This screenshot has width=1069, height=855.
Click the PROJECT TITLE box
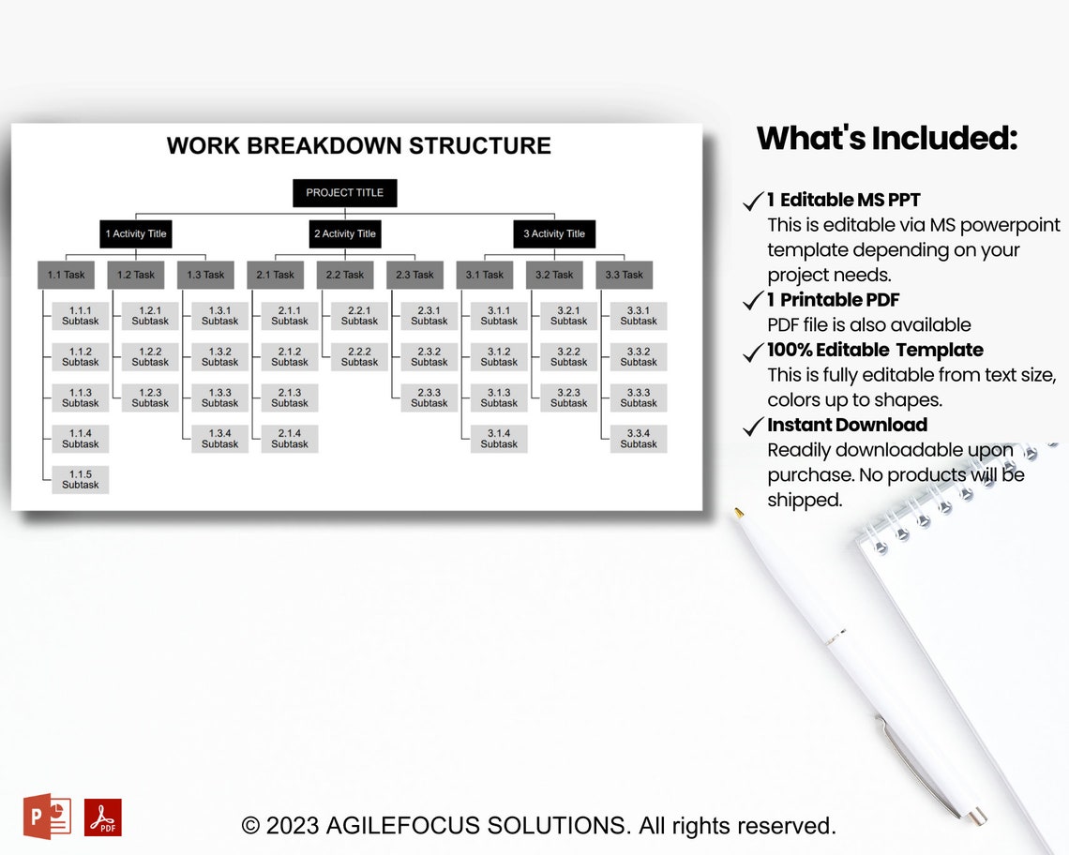tap(344, 193)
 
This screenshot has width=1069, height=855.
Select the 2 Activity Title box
tap(344, 233)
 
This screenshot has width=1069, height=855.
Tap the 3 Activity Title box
tap(553, 233)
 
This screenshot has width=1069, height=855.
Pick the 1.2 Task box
tap(136, 275)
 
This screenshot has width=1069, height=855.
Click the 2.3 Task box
tap(414, 275)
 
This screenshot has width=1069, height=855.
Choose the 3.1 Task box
tap(485, 275)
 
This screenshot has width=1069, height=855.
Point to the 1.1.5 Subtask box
tap(81, 479)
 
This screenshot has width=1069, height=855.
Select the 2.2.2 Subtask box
tap(360, 356)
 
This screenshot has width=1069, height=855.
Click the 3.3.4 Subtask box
tap(639, 439)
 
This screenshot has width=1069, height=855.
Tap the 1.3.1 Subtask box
tap(220, 315)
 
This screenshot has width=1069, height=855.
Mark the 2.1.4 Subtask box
tap(290, 439)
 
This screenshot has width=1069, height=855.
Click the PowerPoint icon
tap(47, 817)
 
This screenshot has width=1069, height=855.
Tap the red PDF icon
tap(103, 817)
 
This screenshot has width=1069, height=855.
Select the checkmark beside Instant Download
tap(753, 427)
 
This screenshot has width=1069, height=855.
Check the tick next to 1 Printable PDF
tap(753, 301)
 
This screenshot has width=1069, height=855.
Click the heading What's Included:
tap(886, 139)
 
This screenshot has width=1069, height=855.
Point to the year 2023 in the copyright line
tap(292, 826)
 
